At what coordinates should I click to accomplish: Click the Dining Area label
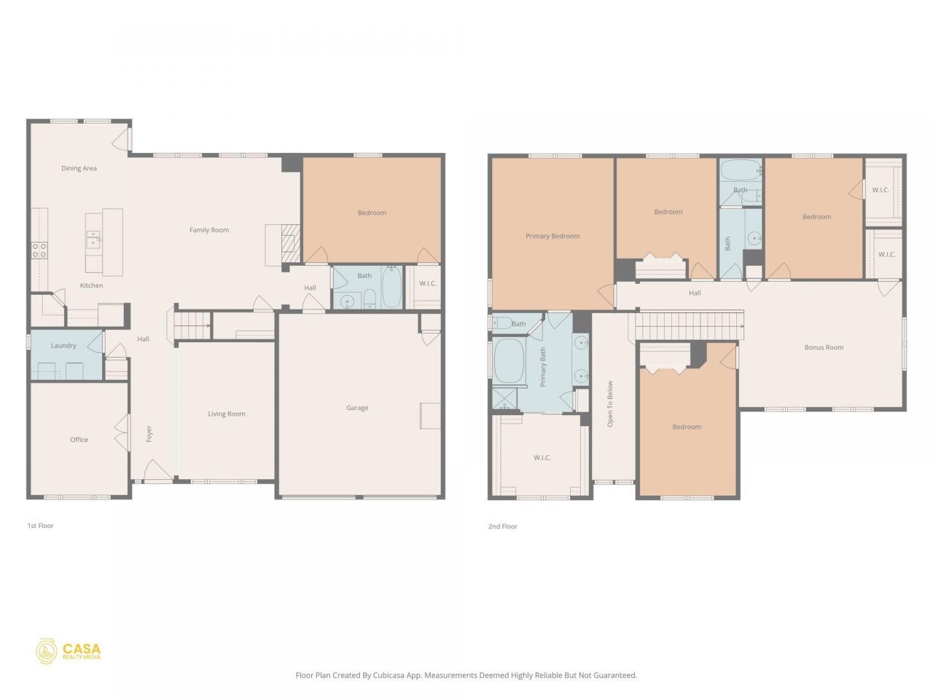79,168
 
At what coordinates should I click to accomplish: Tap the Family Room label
209,230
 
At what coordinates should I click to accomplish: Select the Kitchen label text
91,285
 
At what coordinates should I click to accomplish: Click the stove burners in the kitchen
39,250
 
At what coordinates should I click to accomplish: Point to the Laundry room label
63,346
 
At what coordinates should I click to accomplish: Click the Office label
79,440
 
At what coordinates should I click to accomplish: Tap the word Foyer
149,434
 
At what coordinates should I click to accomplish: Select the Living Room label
227,414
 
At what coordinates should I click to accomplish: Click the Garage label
357,408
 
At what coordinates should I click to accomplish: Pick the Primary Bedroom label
553,236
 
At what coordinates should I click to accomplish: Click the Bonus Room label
824,347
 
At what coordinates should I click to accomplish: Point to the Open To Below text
610,403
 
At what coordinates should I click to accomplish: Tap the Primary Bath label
542,367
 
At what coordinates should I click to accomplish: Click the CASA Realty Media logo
69,651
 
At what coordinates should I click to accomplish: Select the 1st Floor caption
40,526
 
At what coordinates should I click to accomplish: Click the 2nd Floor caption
503,526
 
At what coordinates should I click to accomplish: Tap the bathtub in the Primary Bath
509,360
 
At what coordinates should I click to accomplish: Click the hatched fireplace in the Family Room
291,244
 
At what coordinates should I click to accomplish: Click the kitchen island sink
93,240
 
